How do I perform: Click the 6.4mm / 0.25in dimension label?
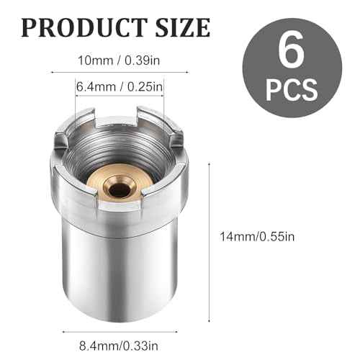click(x=120, y=88)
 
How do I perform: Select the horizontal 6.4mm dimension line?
click(x=120, y=99)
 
